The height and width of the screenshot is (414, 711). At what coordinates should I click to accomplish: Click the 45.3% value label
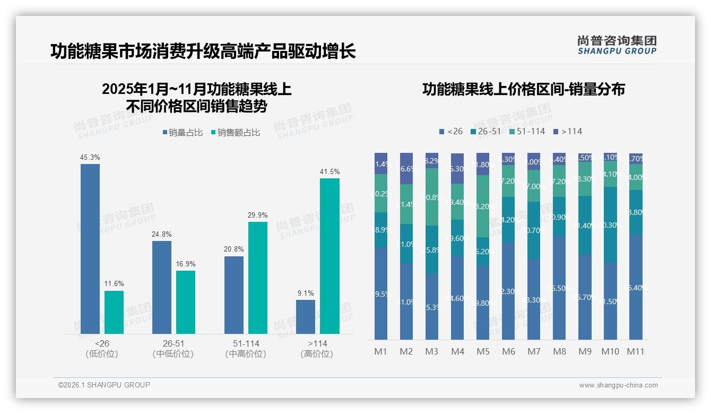(x=90, y=157)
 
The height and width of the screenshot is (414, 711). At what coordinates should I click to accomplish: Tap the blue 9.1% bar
(x=306, y=317)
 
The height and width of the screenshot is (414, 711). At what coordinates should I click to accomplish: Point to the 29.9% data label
(x=258, y=215)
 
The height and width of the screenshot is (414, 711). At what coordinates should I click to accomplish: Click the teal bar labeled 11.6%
(x=114, y=312)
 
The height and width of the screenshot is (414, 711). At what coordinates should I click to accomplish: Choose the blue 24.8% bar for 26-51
(x=162, y=287)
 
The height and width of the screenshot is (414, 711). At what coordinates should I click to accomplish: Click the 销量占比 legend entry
(x=183, y=133)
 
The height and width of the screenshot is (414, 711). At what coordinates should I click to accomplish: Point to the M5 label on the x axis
(x=483, y=351)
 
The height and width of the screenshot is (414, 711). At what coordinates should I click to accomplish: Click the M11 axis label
(x=635, y=351)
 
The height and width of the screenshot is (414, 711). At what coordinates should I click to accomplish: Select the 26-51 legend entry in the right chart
(x=485, y=131)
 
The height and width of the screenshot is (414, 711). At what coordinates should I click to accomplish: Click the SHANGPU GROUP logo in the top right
(x=617, y=45)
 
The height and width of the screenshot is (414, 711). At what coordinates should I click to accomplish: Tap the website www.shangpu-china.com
(x=618, y=385)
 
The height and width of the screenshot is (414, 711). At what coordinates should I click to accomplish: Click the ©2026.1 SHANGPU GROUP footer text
(x=104, y=385)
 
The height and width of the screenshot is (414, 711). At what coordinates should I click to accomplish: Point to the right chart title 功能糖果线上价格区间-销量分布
(x=523, y=89)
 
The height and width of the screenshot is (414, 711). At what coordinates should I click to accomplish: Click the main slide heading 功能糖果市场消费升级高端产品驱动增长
(x=203, y=51)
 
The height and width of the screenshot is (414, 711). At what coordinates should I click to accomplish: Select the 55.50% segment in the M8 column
(x=559, y=288)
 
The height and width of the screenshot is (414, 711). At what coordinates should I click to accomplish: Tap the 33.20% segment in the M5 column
(x=483, y=206)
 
